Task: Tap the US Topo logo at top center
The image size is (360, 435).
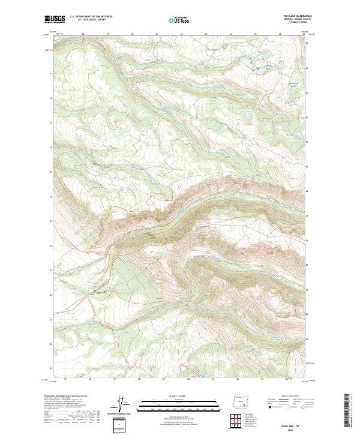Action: coord(179,20)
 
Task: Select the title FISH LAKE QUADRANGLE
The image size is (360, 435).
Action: coord(298,16)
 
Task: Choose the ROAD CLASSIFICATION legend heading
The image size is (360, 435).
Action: coord(292,397)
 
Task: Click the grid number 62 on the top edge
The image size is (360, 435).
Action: coord(181,34)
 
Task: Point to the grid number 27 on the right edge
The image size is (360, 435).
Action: coord(308,215)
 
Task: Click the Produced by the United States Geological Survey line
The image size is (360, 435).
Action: coord(69,396)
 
